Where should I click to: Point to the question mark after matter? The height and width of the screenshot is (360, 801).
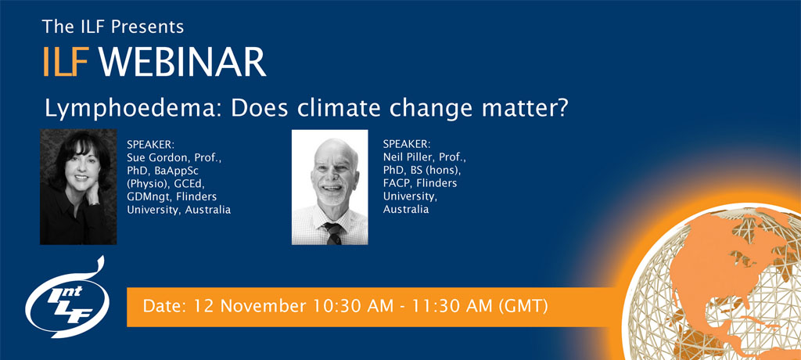[x=560, y=108]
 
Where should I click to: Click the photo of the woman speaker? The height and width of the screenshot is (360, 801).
[x=78, y=186]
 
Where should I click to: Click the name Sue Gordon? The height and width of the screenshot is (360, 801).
[x=157, y=157]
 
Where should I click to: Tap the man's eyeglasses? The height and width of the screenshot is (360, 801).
[x=329, y=168]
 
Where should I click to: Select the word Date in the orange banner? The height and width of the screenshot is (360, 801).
[x=160, y=305]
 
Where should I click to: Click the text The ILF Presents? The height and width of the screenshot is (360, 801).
[x=113, y=27]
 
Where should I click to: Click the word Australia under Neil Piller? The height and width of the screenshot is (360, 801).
[x=407, y=210]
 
